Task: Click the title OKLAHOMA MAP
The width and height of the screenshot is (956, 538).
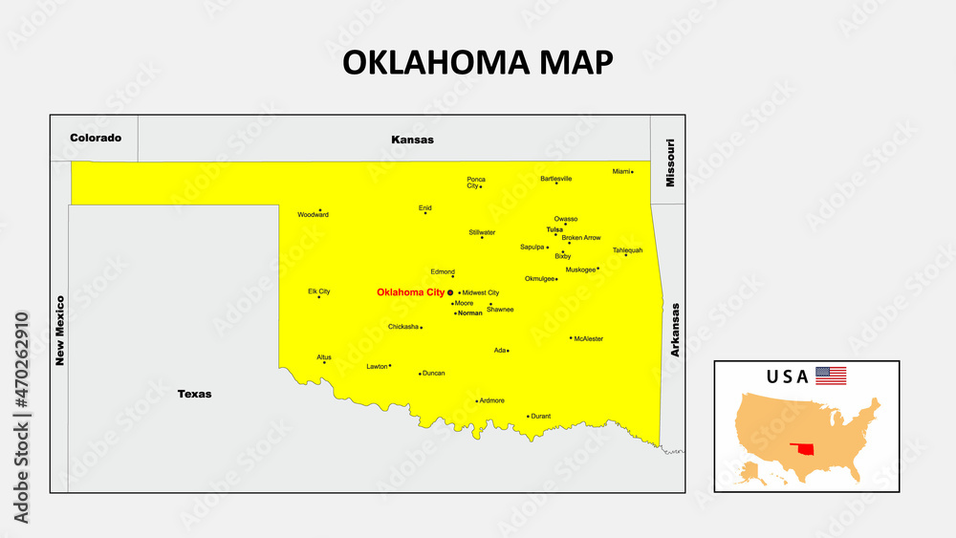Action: pos(477,62)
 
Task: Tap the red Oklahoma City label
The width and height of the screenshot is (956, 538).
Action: pos(410,292)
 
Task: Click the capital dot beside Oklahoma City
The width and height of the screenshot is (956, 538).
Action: pos(450,292)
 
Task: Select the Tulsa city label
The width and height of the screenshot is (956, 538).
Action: pos(554,229)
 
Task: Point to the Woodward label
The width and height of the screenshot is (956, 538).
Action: pos(313,215)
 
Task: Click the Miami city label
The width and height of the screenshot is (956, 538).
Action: pos(621,171)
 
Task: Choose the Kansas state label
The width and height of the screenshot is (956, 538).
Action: pos(412,140)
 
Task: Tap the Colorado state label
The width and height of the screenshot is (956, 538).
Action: pos(96,138)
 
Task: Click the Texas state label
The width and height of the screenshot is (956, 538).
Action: pos(194,394)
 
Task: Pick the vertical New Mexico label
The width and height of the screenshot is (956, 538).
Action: pos(59,330)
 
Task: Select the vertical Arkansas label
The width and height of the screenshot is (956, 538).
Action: pos(675,330)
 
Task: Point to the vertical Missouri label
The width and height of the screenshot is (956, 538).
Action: pos(670,162)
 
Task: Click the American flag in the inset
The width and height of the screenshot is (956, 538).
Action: pos(831,376)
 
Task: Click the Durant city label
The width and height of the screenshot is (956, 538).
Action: pos(541,417)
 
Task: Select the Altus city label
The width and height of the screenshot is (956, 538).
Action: pos(324,356)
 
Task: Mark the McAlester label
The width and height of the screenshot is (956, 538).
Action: pos(589,338)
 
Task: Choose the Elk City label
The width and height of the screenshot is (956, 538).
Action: pos(318,291)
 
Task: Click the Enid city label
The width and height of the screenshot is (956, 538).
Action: pos(425,206)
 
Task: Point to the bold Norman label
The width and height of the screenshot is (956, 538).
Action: pos(470,312)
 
